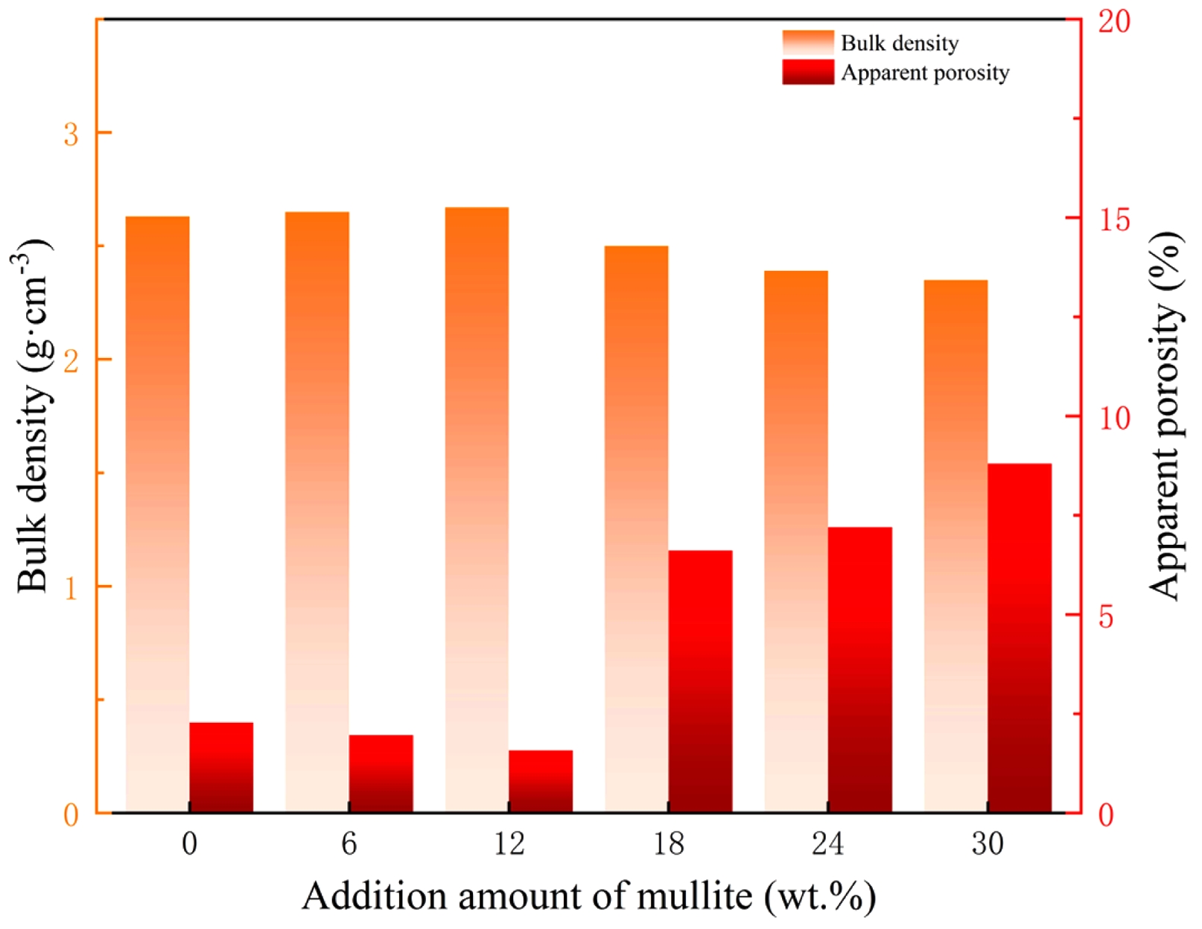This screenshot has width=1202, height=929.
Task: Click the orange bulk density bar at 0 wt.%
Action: tap(157, 514)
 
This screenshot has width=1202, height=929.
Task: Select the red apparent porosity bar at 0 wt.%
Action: tap(221, 767)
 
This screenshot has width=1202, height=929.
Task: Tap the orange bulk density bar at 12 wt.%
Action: tap(477, 510)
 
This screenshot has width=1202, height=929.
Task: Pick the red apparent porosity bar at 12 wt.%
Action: tap(541, 781)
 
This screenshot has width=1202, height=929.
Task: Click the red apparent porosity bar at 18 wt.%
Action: tap(700, 681)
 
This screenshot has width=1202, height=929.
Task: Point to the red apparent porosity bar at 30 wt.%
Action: tap(1020, 637)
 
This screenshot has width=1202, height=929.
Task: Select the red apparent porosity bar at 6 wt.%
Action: tap(381, 773)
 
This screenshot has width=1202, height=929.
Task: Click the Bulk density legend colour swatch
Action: tap(808, 42)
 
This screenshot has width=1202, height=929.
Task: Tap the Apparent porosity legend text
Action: tap(925, 73)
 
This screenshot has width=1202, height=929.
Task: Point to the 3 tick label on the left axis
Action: tap(71, 135)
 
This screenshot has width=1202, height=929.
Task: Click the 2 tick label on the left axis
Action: tap(71, 361)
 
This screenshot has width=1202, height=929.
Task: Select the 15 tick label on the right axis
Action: tap(1113, 220)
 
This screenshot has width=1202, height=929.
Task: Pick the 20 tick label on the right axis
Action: tap(1114, 22)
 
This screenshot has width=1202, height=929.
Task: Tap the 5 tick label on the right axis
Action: tap(1106, 616)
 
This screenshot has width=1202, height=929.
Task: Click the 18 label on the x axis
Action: tap(668, 844)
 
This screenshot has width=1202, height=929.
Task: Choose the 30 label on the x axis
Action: tap(988, 844)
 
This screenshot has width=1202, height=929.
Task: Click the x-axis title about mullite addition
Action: tap(588, 896)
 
